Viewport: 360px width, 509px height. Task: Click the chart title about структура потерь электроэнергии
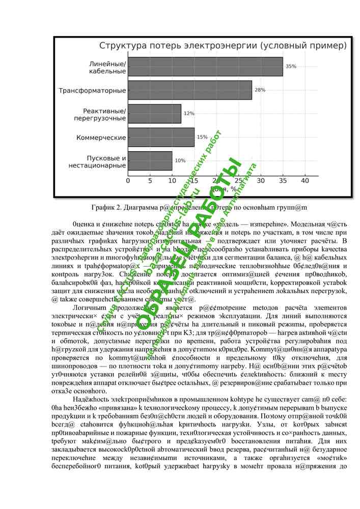pos(223,46)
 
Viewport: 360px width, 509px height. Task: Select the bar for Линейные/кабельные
pos(205,67)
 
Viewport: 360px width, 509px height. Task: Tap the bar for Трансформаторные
pos(189,90)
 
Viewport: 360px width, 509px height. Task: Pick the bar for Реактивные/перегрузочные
pos(154,114)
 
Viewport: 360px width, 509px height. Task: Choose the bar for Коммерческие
pos(161,137)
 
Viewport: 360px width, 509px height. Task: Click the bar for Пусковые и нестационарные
pos(150,160)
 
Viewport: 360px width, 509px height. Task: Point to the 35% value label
pos(291,67)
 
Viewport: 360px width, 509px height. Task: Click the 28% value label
pos(260,90)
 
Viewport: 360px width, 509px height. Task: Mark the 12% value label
pos(189,114)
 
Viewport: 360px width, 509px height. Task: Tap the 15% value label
pos(202,137)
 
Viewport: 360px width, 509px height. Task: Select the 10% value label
pos(180,160)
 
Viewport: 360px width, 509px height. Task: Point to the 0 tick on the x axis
pos(128,181)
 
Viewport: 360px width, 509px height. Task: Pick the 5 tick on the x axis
pos(150,181)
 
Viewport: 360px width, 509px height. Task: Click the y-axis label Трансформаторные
pos(92,91)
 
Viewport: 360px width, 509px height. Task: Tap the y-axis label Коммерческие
pos(101,137)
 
